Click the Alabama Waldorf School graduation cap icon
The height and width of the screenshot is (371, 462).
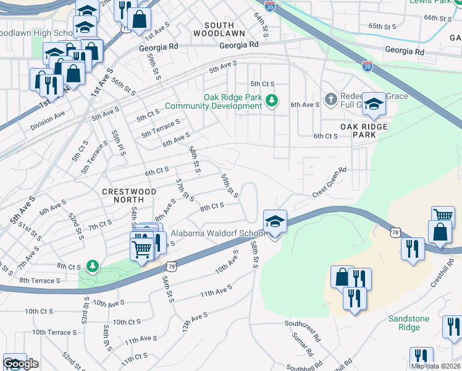tap(275, 221)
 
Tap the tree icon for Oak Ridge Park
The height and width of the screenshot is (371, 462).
tap(271, 100)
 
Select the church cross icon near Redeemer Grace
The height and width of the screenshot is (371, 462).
tap(331, 100)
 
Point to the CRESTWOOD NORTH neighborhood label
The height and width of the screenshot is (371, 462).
tap(129, 196)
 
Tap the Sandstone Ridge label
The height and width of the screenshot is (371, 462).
tap(408, 323)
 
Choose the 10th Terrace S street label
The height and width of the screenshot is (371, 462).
tap(54, 332)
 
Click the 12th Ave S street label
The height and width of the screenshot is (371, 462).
tap(195, 323)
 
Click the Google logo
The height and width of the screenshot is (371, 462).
tap(20, 364)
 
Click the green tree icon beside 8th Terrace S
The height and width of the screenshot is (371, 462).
tap(93, 266)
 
